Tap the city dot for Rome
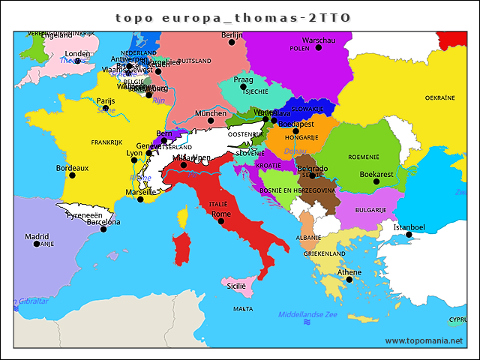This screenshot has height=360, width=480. [x=220, y=221]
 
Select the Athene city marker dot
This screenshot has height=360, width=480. [x=349, y=280]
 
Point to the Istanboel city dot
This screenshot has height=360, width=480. [x=409, y=235]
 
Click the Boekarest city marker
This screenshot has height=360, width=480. [x=376, y=181]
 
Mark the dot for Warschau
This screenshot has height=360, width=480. [x=318, y=47]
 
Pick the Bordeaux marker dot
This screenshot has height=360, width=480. [x=72, y=175]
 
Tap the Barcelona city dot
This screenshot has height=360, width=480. [x=103, y=229]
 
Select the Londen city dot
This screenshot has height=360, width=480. [x=77, y=61]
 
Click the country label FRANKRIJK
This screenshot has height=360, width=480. [x=106, y=142]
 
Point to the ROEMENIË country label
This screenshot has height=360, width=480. [x=364, y=157]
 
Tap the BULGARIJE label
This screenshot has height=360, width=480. [x=370, y=210]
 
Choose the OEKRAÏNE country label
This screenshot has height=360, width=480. [x=440, y=97]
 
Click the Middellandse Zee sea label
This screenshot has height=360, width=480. [x=307, y=315]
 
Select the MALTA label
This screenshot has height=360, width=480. [x=243, y=308]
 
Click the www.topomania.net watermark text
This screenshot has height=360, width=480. [x=424, y=340]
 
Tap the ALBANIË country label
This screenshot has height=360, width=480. [x=308, y=237]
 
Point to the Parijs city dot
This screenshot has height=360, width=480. [x=105, y=108]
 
